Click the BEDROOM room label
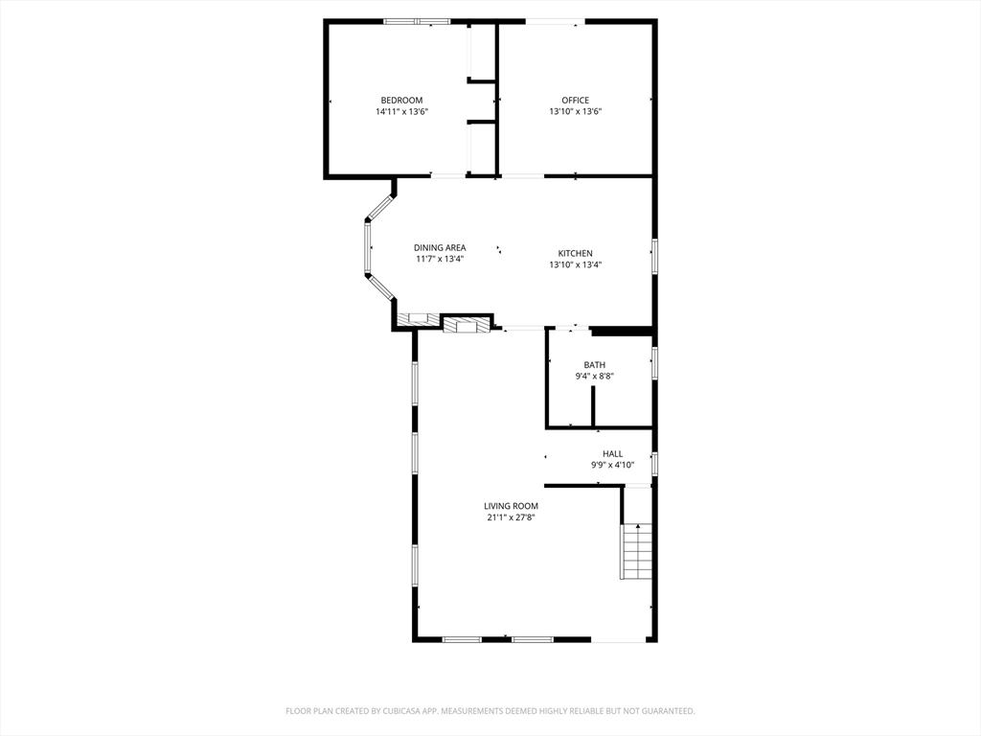[401, 101]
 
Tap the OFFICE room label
[575, 101]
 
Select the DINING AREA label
[440, 248]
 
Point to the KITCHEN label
[575, 254]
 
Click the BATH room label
[594, 365]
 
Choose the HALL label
[612, 454]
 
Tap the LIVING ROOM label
[511, 506]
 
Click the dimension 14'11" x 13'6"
[401, 112]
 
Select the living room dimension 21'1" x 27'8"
[511, 518]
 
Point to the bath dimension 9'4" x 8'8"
[594, 377]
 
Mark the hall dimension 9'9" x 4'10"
[612, 466]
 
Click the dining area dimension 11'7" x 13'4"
[440, 260]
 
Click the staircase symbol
[637, 552]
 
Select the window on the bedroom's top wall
[417, 21]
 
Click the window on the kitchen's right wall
[655, 256]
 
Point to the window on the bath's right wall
[655, 363]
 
